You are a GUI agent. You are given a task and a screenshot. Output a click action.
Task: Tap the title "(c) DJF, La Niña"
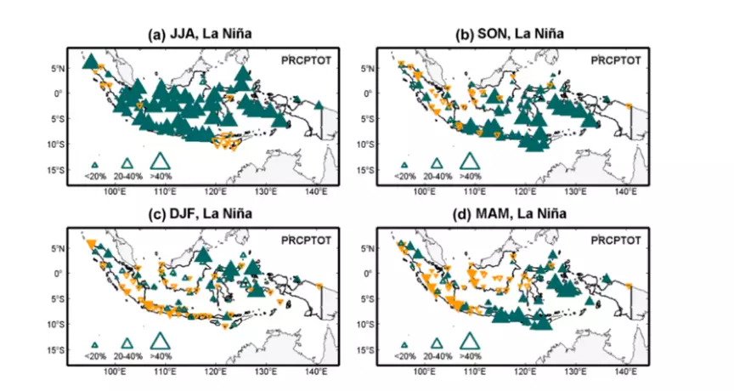[x=200, y=214]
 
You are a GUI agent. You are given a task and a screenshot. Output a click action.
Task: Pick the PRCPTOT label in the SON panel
[x=616, y=60]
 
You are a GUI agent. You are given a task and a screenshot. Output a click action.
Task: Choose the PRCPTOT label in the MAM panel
[x=616, y=241]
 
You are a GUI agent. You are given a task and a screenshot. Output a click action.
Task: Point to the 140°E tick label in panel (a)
[x=317, y=193]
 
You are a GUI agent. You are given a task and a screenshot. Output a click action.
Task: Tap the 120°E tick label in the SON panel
[x=525, y=193]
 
